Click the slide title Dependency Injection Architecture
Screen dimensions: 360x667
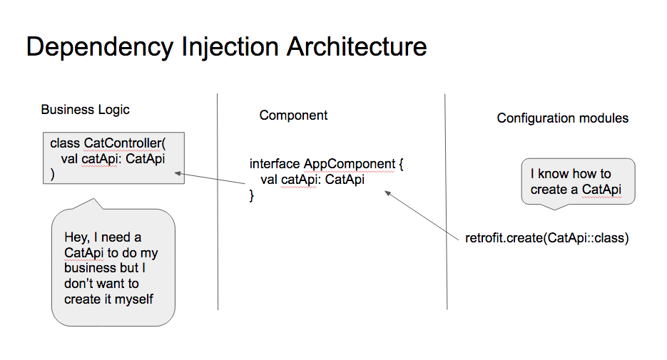(226, 47)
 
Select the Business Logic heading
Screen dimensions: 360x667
(85, 110)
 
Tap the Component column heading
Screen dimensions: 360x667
(293, 115)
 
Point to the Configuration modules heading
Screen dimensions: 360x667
(562, 118)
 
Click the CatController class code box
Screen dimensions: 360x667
(112, 158)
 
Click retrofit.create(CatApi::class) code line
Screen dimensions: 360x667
(546, 238)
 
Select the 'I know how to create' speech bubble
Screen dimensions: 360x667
(577, 182)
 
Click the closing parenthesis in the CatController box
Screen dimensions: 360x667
(52, 174)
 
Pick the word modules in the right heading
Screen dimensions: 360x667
(606, 118)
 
